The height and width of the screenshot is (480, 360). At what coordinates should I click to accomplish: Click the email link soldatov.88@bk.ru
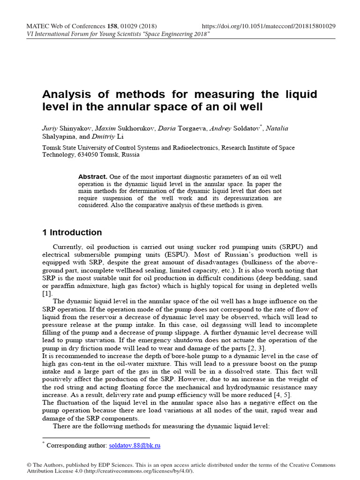point(135,445)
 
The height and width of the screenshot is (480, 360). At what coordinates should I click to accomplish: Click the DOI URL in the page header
point(269,26)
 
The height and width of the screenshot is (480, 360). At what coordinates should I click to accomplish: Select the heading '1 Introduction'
point(72,232)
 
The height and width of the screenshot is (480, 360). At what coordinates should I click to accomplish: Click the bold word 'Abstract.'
point(93,177)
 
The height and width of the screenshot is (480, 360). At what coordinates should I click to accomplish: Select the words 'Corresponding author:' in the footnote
point(77,445)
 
